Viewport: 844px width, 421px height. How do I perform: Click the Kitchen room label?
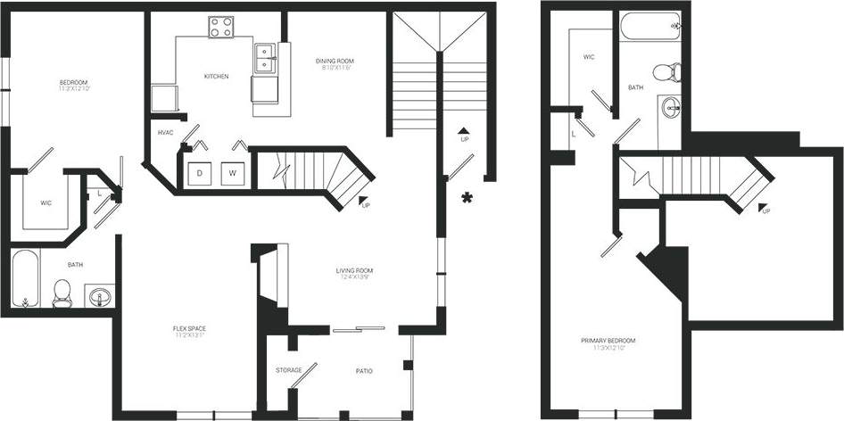coord(216,77)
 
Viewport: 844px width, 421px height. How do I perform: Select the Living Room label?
coord(353,271)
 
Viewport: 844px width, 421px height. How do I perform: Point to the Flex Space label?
coord(189,329)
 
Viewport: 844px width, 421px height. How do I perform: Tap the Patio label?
coord(363,370)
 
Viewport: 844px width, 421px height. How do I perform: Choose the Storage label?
coord(288,370)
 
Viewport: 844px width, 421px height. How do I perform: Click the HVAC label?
coord(165,133)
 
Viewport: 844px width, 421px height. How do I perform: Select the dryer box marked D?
coord(200,172)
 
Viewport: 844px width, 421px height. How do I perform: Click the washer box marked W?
coord(231,172)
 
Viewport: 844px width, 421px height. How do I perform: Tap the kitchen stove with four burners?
coord(220,28)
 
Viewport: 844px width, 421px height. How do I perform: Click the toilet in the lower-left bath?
coord(62,293)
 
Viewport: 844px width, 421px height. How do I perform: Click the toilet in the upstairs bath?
coord(666,72)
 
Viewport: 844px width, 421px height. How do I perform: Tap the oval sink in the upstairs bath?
coord(670,108)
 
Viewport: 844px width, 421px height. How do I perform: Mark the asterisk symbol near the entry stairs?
coord(466,197)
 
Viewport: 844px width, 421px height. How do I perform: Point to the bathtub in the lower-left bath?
coord(26,280)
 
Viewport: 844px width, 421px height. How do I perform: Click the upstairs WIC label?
coord(589,57)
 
